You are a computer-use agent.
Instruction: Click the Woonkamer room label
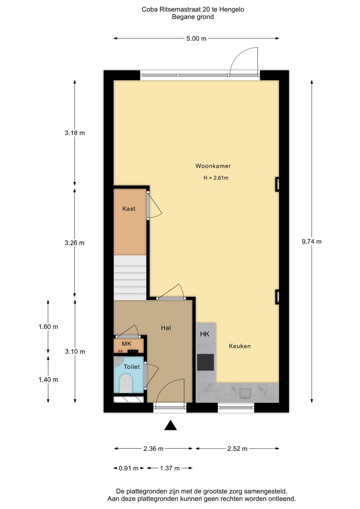tap(213, 166)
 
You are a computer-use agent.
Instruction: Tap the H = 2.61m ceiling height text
tap(216, 178)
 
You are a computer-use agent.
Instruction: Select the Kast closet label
tap(129, 208)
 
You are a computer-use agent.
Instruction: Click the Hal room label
tap(166, 328)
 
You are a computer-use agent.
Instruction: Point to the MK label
tap(127, 344)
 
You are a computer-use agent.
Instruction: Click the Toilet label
tap(131, 367)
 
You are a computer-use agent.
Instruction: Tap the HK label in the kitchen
tap(205, 334)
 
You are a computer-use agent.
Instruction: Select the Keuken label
tap(240, 346)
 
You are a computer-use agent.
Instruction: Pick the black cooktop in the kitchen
tap(205, 363)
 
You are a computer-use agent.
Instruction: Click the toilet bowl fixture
tap(126, 384)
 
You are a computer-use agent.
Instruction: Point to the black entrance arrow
tap(171, 425)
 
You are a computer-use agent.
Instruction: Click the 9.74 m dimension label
tap(312, 241)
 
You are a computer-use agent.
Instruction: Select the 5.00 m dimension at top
tap(196, 39)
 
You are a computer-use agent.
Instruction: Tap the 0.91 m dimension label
tap(129, 468)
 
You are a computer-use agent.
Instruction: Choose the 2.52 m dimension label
tap(237, 449)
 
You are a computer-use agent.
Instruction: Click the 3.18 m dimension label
tap(75, 133)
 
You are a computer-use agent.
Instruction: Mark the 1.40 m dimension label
tap(48, 380)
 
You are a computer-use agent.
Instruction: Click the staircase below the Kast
tap(130, 277)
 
